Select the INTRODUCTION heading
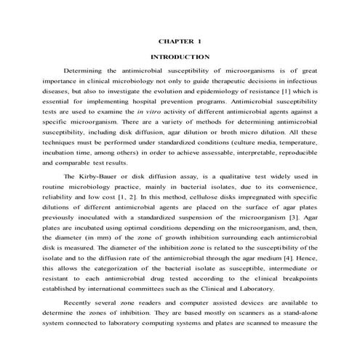pos(180,56)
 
